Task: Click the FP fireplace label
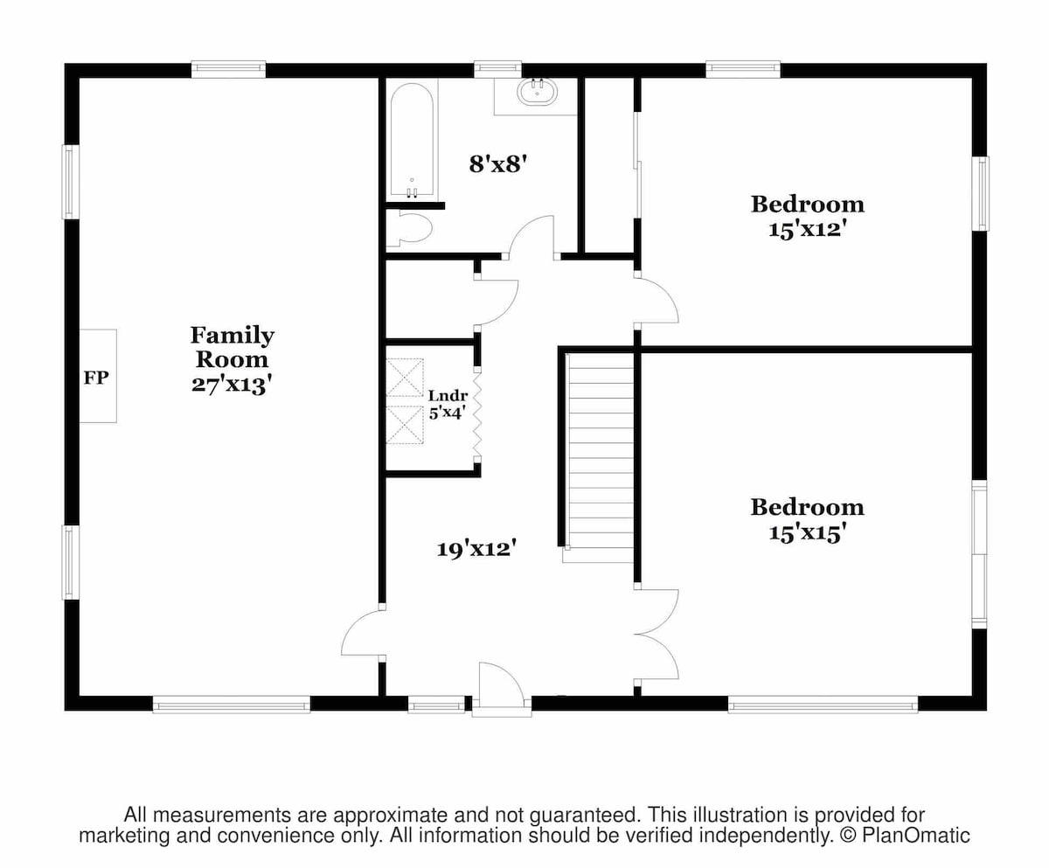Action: [x=96, y=378]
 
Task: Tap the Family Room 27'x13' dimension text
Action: [x=232, y=385]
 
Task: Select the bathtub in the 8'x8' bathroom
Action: [x=412, y=139]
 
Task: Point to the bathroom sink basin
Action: [x=538, y=93]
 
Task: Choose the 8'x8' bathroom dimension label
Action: [x=499, y=163]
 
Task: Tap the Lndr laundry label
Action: [x=448, y=395]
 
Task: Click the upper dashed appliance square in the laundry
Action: [x=405, y=378]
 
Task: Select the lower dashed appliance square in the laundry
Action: [x=405, y=425]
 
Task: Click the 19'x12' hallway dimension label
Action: [x=476, y=549]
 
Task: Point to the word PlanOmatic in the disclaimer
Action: [x=916, y=836]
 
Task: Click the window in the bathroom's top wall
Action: [x=498, y=69]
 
